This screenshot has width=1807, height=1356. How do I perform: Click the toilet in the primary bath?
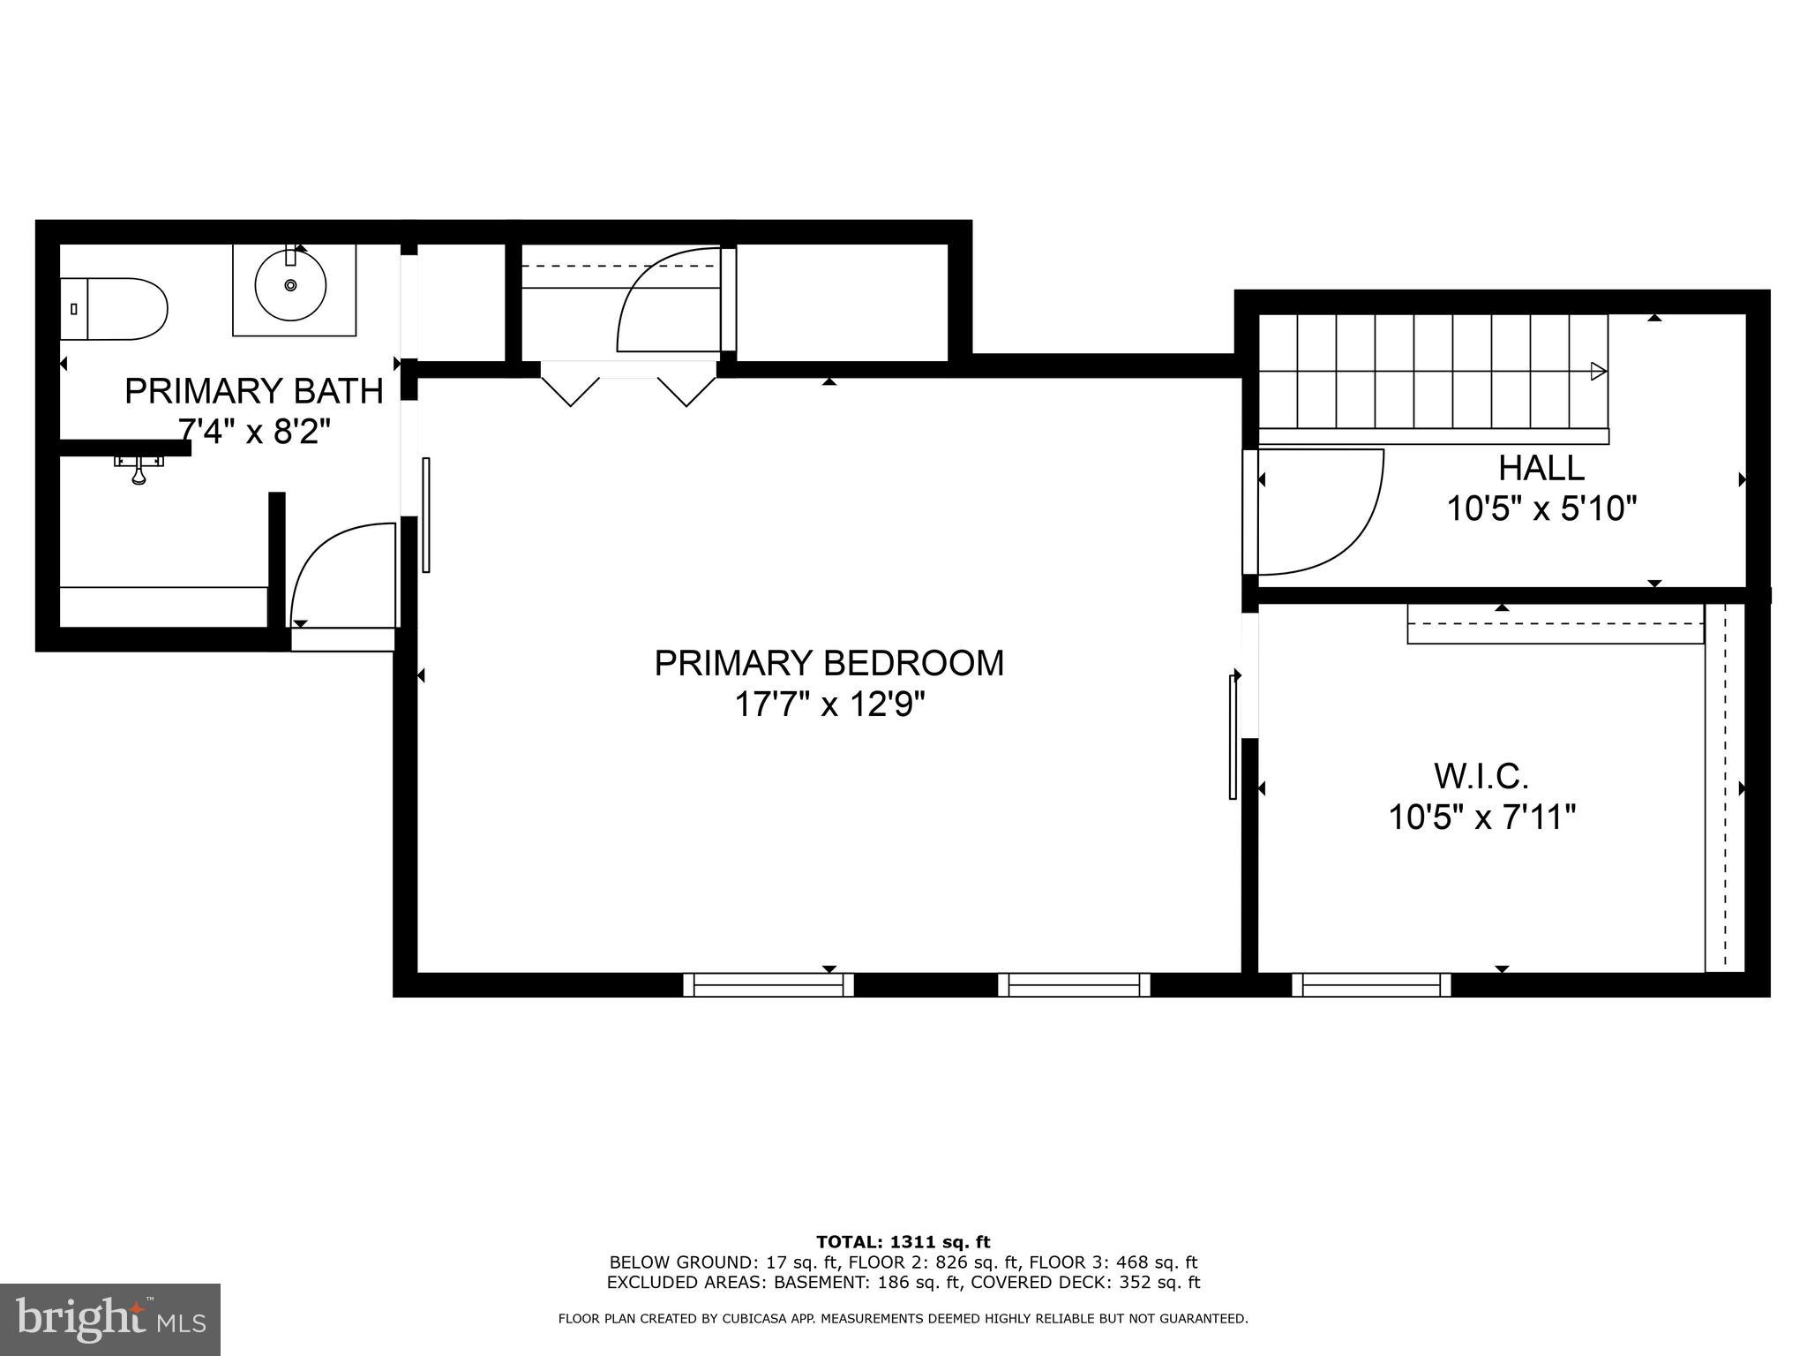(x=115, y=309)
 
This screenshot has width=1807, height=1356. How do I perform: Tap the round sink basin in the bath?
(x=290, y=285)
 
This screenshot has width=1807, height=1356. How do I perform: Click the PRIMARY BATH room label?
(x=254, y=391)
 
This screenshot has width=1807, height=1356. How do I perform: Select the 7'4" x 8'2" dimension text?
(x=254, y=432)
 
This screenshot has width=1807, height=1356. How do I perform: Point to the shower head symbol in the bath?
(x=139, y=469)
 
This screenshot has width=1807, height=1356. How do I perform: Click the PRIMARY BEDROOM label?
(x=829, y=663)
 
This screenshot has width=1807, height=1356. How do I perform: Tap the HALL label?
(x=1541, y=467)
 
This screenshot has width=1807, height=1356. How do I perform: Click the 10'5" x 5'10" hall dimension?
(x=1541, y=508)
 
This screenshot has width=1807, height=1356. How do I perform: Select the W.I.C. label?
(x=1481, y=777)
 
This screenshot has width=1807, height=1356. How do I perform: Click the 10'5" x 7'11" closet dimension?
(x=1481, y=817)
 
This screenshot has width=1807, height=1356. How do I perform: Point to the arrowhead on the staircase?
(x=1598, y=371)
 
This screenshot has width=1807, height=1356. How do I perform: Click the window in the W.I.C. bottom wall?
(x=1370, y=984)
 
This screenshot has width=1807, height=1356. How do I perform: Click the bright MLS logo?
(x=109, y=1319)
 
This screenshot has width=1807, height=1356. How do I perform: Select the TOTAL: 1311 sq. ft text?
(x=903, y=1242)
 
